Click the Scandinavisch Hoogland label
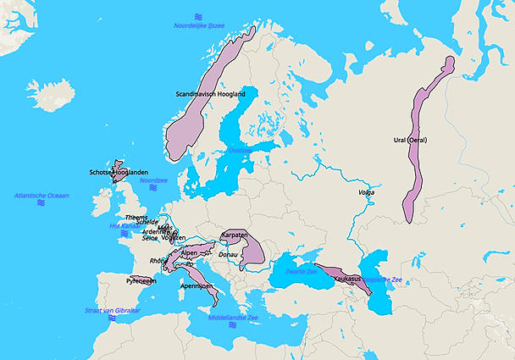(210, 94)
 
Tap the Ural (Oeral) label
(411, 140)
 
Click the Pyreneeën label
(142, 280)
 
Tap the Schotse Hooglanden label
(119, 172)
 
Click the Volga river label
(367, 194)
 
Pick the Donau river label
(228, 254)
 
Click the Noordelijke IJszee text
(199, 26)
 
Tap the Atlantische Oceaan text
(42, 196)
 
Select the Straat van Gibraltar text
(112, 310)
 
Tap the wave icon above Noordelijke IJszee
(198, 16)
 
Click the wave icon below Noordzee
(153, 189)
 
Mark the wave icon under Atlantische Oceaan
(42, 204)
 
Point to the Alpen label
(189, 252)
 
